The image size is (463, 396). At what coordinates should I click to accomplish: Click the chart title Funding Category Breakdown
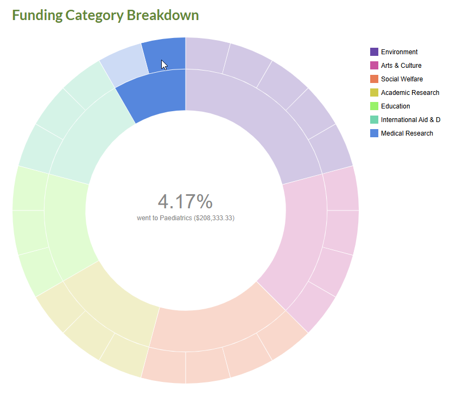click(x=105, y=15)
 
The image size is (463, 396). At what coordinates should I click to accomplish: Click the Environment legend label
click(x=399, y=52)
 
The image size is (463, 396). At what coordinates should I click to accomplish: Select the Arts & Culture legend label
click(x=401, y=66)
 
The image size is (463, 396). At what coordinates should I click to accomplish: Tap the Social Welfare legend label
click(x=402, y=79)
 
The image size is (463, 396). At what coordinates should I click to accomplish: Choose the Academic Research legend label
click(x=410, y=93)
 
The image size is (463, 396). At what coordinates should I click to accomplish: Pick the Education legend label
click(x=395, y=106)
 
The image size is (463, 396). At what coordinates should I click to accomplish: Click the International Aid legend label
click(x=410, y=120)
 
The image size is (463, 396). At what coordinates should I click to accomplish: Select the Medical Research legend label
click(x=407, y=133)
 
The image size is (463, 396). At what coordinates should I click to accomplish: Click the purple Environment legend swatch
click(x=375, y=52)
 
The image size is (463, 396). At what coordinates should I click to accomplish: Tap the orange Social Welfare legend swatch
click(x=375, y=79)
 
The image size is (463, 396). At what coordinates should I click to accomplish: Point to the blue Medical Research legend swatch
click(x=375, y=133)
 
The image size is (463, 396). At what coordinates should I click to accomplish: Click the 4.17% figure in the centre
click(x=185, y=201)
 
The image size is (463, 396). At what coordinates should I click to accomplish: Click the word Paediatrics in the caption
click(x=176, y=218)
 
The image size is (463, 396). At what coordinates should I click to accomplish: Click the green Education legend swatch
click(x=375, y=106)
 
